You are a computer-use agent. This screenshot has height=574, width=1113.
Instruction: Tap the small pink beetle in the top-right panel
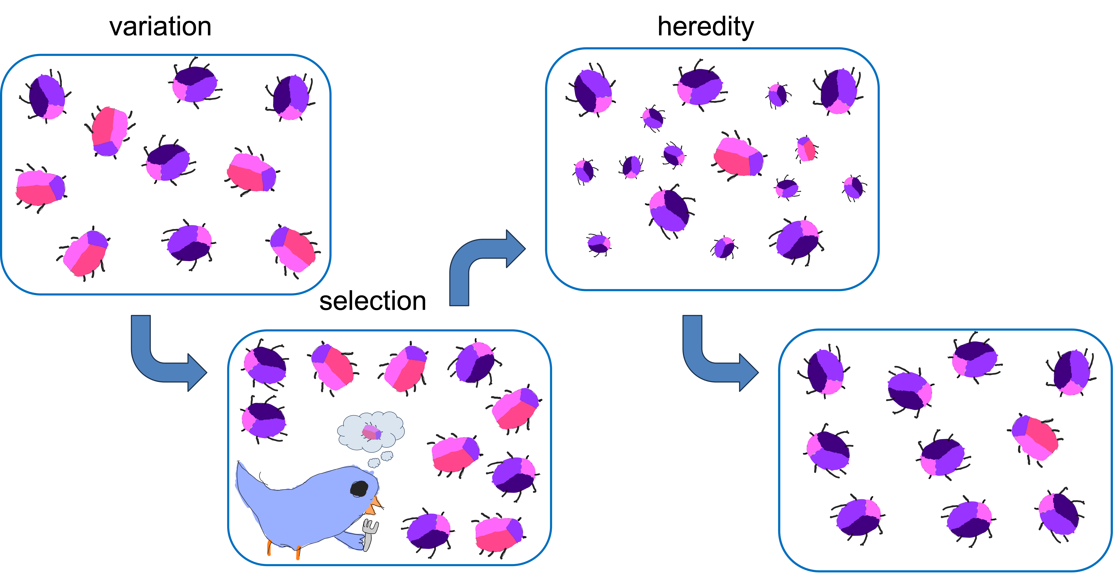tap(806, 149)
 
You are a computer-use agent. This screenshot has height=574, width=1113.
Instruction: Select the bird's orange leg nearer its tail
tap(269, 548)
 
